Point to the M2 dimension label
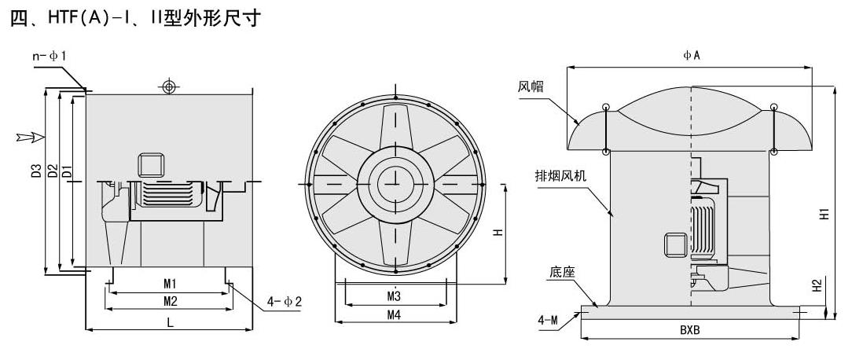[x=169, y=300]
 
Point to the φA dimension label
[x=692, y=55]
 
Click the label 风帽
[x=531, y=86]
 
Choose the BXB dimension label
[x=690, y=330]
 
